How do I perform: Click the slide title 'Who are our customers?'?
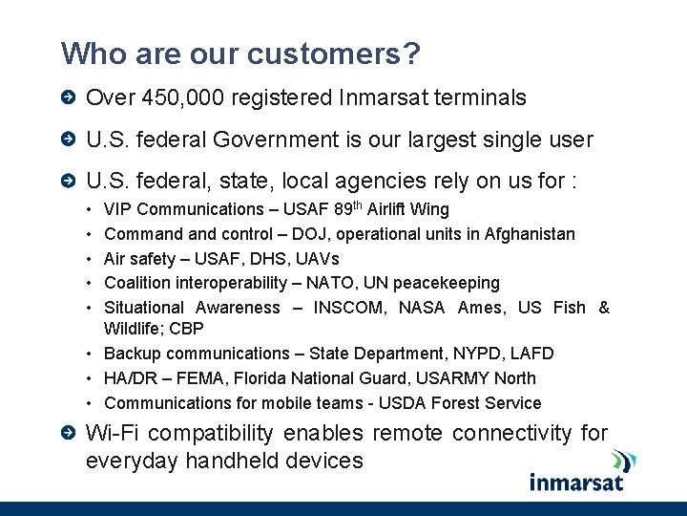pos(240,54)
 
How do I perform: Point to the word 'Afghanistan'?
pos(530,234)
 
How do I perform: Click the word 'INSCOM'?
pos(348,308)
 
